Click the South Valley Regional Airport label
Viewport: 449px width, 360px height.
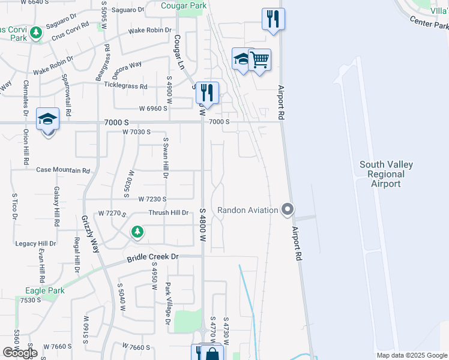(x=385, y=174)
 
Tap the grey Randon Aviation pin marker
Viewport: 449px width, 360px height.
(x=288, y=209)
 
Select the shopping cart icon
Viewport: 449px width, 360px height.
(x=260, y=60)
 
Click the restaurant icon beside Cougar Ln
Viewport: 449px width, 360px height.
(x=207, y=93)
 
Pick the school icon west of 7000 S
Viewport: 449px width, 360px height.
(x=47, y=119)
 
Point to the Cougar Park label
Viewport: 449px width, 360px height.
(x=184, y=7)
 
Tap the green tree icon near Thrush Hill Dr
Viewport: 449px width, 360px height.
(x=137, y=232)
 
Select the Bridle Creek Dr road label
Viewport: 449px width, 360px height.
(x=153, y=257)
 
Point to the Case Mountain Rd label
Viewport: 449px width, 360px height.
(x=63, y=170)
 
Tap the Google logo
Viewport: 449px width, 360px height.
(x=20, y=353)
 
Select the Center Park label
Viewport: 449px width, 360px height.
(x=429, y=23)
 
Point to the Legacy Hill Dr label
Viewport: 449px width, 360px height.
(x=35, y=244)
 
